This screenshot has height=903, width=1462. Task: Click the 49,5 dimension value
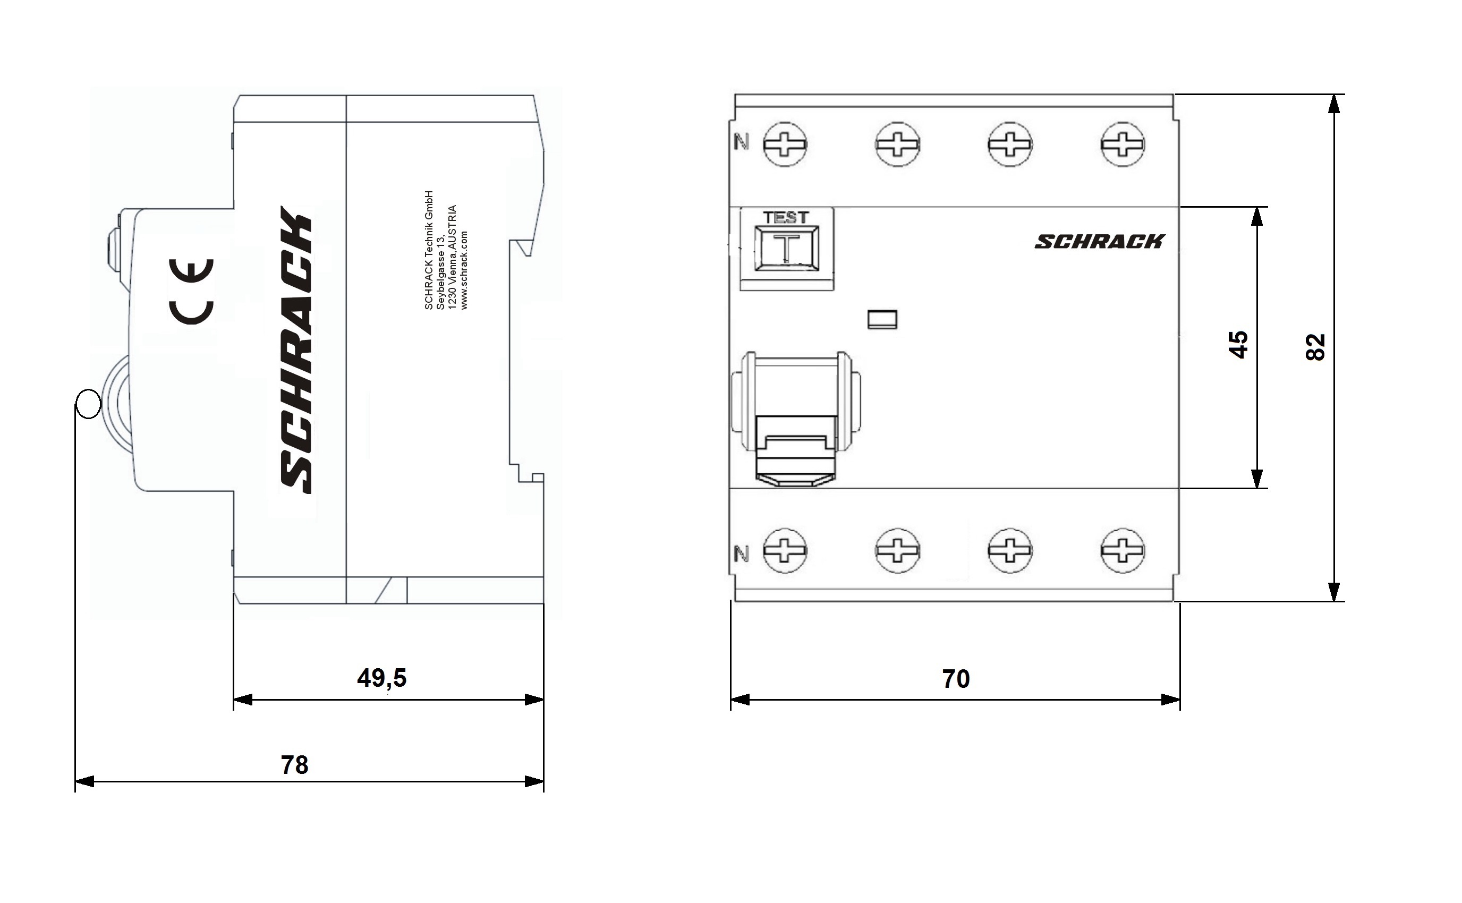click(x=381, y=678)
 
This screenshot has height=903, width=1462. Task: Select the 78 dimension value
click(x=294, y=765)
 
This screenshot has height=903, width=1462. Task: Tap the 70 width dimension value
click(x=956, y=679)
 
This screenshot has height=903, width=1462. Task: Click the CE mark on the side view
click(x=191, y=292)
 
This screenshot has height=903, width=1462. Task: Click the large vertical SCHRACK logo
click(x=295, y=350)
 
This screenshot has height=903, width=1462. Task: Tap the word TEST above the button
click(x=786, y=218)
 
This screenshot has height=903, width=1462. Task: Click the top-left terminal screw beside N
click(x=785, y=144)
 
